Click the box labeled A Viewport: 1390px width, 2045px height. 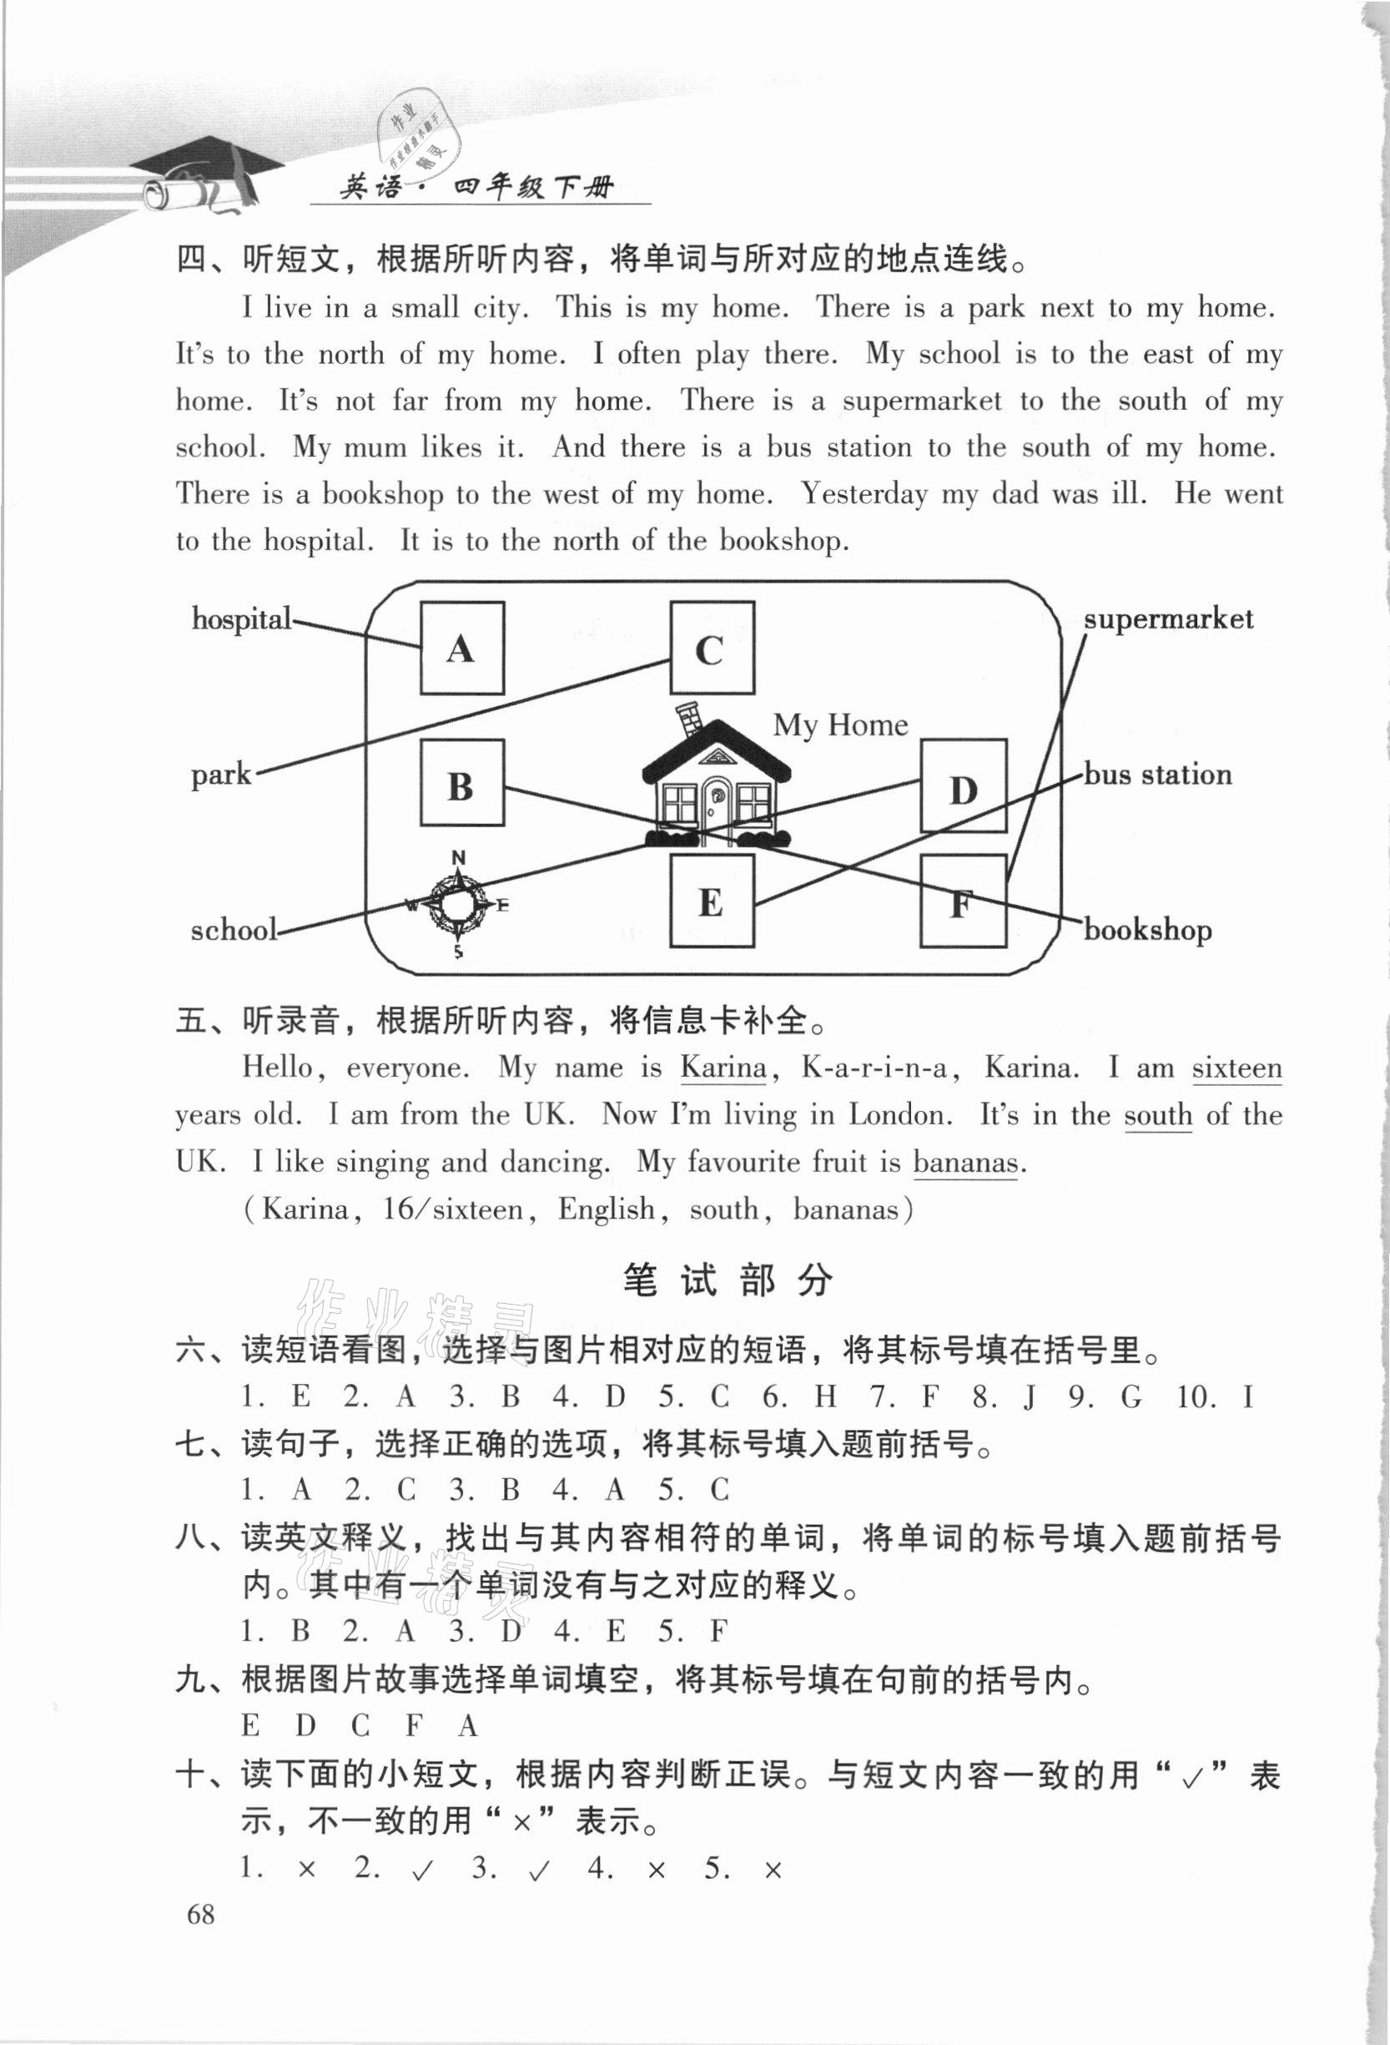click(x=462, y=648)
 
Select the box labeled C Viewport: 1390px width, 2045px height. click(x=712, y=648)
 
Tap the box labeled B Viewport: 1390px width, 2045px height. click(x=462, y=782)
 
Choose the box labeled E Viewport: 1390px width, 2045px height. click(x=712, y=901)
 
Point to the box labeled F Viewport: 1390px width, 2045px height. click(x=963, y=901)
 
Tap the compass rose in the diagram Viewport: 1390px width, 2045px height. click(x=457, y=904)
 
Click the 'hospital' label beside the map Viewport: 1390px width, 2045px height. click(x=241, y=619)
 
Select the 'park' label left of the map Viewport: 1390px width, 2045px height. click(x=221, y=775)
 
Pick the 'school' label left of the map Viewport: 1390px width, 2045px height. click(x=233, y=930)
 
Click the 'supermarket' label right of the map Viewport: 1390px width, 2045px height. click(x=1167, y=619)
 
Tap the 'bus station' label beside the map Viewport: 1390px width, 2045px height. click(x=1157, y=775)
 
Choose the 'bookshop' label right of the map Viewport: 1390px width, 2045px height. click(x=1147, y=930)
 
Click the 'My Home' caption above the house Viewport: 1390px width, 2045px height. click(x=840, y=725)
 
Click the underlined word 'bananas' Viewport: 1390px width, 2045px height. click(x=964, y=1163)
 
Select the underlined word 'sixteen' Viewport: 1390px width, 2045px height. click(x=1236, y=1068)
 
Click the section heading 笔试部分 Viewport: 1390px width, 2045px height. click(x=727, y=1280)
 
